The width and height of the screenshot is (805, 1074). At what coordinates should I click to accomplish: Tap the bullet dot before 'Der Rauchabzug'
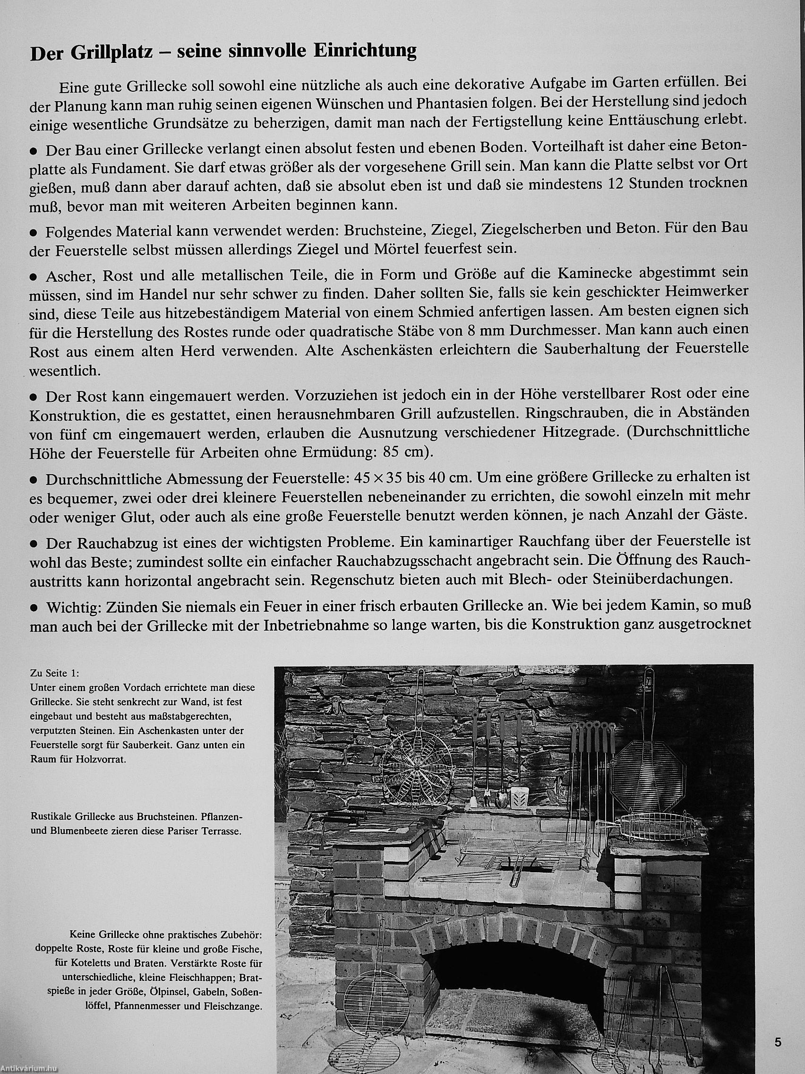(x=34, y=541)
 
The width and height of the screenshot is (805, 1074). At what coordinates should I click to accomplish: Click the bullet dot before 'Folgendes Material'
(x=34, y=232)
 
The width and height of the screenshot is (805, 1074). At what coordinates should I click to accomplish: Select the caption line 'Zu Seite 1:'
(x=54, y=674)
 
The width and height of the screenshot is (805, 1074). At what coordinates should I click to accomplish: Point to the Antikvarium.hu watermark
(x=30, y=1069)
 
